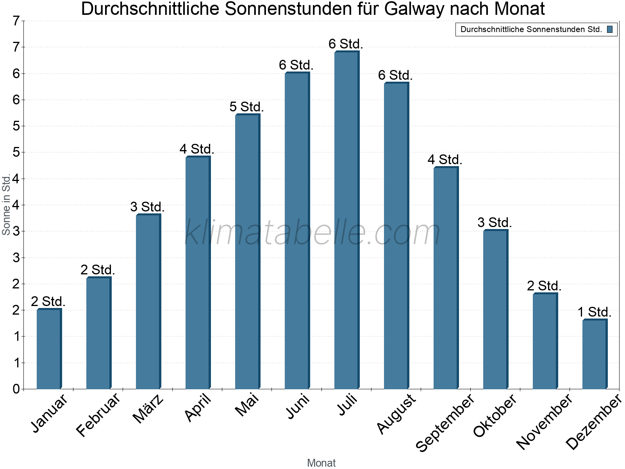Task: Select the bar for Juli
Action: (x=346, y=221)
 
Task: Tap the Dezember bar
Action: (x=595, y=354)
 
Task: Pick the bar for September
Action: (x=446, y=278)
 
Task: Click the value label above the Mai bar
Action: (x=246, y=107)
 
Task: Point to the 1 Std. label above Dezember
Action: (x=594, y=312)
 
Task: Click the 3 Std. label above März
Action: (x=147, y=207)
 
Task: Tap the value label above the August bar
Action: (x=395, y=75)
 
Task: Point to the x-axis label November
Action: (x=544, y=421)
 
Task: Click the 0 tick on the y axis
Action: (x=16, y=389)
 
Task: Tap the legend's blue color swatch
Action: (x=610, y=29)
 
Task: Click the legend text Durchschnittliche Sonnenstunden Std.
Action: (x=531, y=29)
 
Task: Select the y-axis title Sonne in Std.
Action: (x=6, y=204)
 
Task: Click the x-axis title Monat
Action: (x=321, y=463)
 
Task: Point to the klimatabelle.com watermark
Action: (x=312, y=233)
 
